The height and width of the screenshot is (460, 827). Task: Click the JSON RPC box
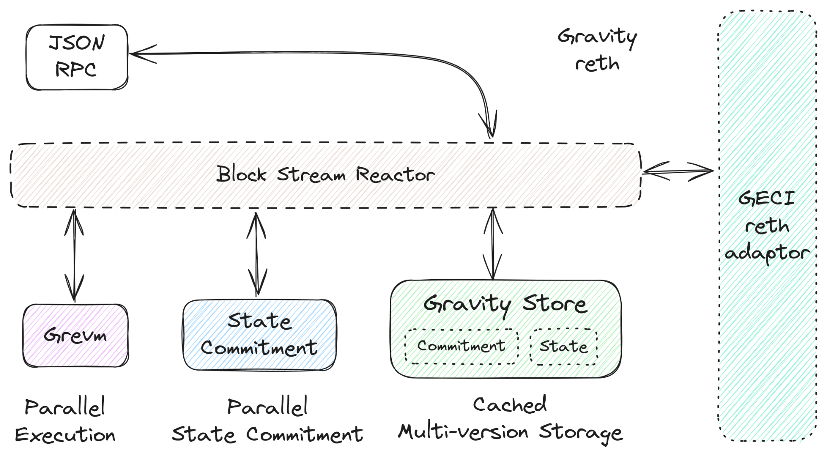pos(77,57)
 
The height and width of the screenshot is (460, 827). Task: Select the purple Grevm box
pos(76,335)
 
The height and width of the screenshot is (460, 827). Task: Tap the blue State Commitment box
pos(259,335)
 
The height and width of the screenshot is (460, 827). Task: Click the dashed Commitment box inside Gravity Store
pos(461,346)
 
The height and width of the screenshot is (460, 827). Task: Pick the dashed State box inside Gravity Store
pos(564,347)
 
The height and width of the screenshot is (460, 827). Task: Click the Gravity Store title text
pos(505,305)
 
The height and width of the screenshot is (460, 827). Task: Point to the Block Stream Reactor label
pos(326,175)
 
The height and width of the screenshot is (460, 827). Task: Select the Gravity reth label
pos(597,50)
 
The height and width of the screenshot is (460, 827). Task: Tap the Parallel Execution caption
pos(65,421)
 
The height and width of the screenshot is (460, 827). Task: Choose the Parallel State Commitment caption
pos(267,421)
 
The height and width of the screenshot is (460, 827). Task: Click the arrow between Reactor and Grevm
pos(74,255)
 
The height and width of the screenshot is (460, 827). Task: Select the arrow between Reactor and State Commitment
pos(257,254)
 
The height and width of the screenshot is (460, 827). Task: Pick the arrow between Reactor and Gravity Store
pos(493,244)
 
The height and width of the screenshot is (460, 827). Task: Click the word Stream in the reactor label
pos(311,175)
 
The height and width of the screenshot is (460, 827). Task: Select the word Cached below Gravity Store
pos(510,405)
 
